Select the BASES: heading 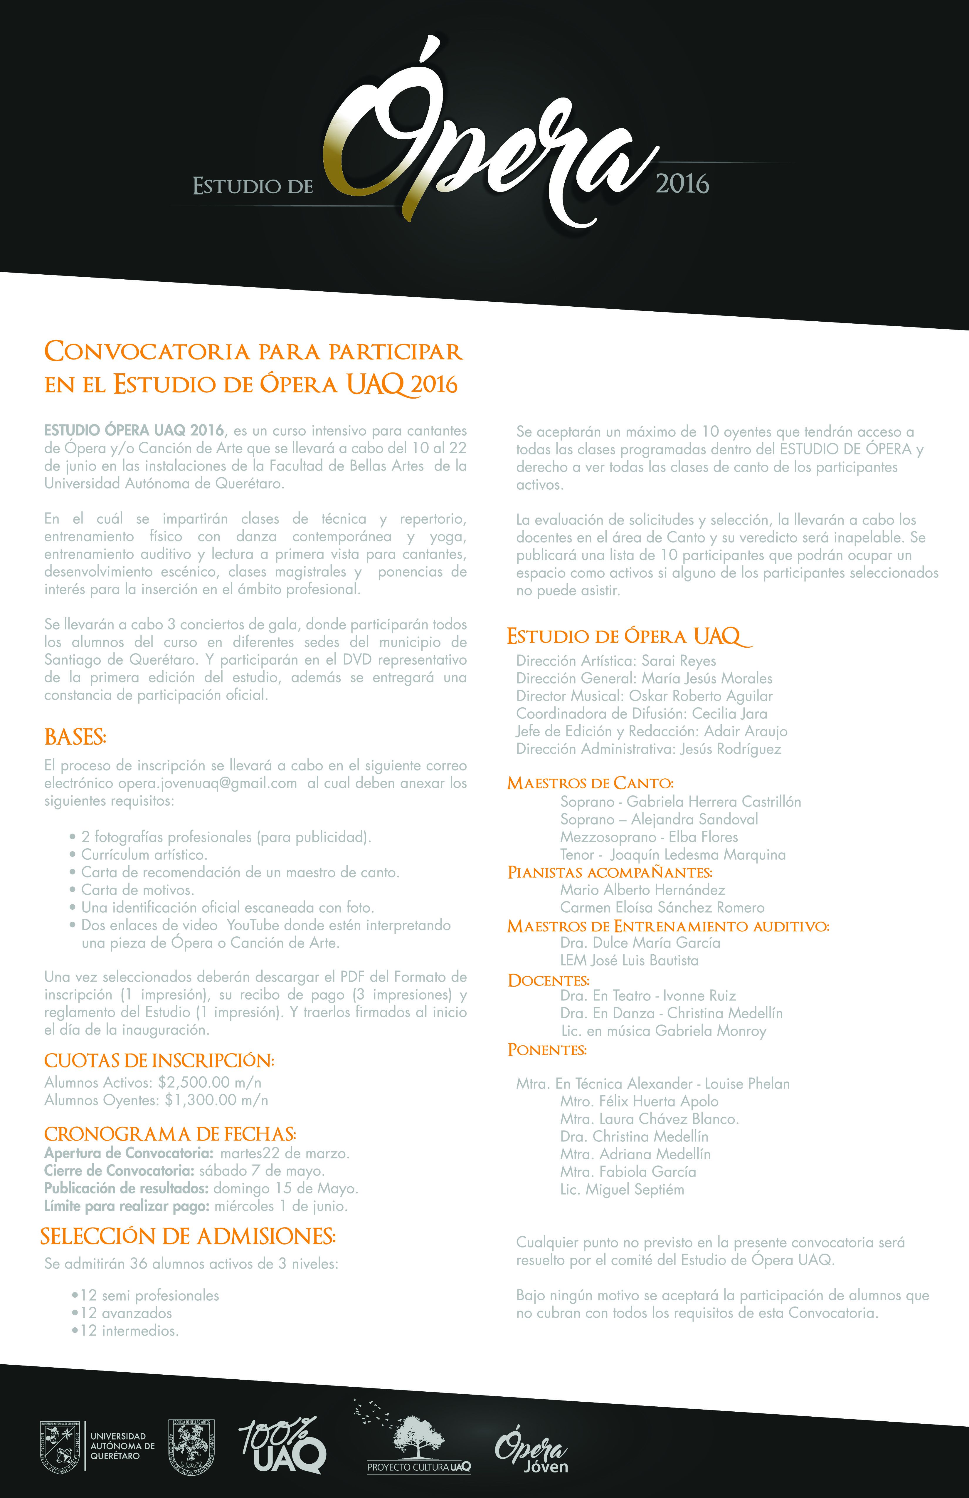[x=75, y=737]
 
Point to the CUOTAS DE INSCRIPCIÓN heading [x=159, y=1061]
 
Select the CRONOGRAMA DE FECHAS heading [x=170, y=1134]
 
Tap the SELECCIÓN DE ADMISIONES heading [x=188, y=1237]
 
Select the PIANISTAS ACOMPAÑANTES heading [x=610, y=872]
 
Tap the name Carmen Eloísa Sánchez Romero [x=662, y=908]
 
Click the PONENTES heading [x=547, y=1050]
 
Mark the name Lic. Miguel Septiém [x=622, y=1190]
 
